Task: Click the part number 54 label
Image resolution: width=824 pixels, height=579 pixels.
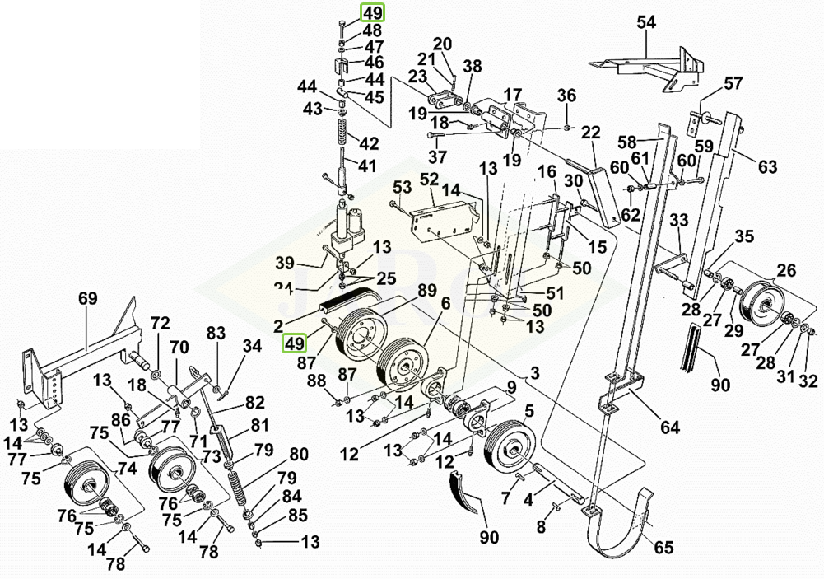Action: click(646, 23)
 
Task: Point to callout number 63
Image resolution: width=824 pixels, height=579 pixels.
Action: click(767, 168)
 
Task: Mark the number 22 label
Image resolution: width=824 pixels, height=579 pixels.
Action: click(589, 133)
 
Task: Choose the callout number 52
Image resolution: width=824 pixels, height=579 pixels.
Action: click(430, 180)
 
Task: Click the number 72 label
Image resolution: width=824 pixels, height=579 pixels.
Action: click(160, 322)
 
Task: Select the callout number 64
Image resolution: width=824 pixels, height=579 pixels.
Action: click(670, 427)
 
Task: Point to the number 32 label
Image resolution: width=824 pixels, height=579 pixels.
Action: click(808, 381)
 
